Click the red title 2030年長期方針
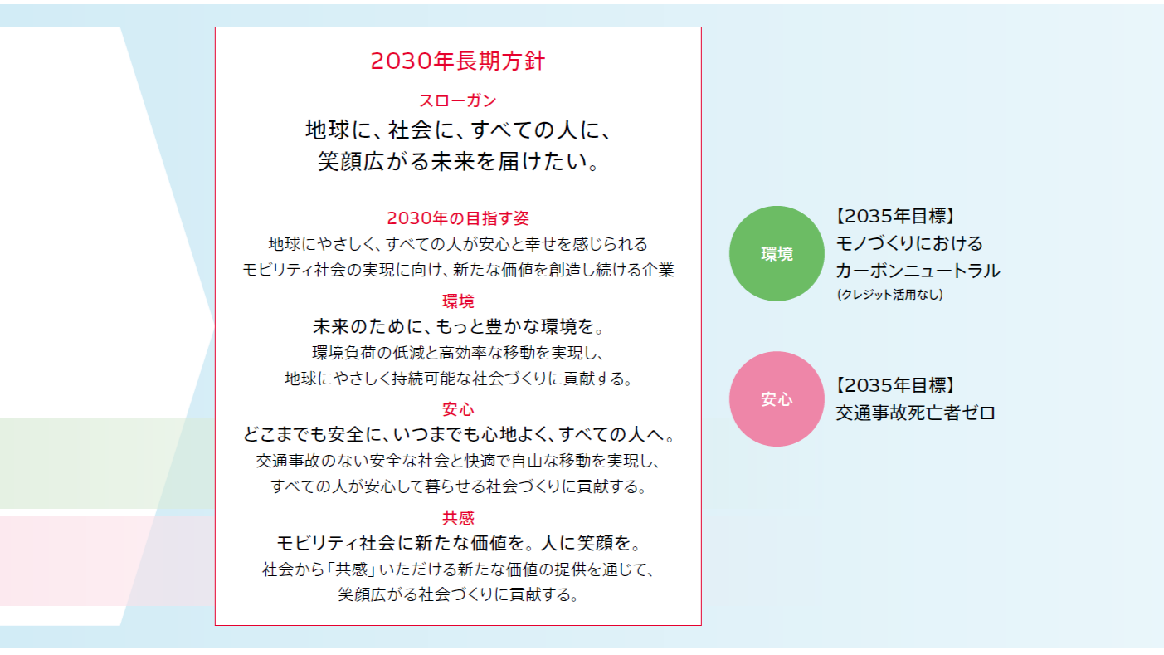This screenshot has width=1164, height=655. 458,61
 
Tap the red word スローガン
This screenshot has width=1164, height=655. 458,100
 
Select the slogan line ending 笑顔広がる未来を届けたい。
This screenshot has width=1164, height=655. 458,160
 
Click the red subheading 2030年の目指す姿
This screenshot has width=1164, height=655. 458,218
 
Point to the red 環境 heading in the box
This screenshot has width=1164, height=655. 458,301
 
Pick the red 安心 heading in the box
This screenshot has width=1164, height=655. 458,409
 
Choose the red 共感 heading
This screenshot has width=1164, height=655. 458,517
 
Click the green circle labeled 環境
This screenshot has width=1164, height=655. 777,253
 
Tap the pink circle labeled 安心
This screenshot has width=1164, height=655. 777,398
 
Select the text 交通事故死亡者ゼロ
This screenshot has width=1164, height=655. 915,413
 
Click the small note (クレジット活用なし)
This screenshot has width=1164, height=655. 889,295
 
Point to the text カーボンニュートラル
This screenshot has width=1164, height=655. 918,271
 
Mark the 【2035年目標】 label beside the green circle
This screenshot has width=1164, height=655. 895,216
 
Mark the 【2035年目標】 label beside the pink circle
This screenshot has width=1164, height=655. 895,385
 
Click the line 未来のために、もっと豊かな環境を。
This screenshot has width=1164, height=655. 458,326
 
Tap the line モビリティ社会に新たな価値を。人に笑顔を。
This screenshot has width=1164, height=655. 458,543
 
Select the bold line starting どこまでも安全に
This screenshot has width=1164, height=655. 458,434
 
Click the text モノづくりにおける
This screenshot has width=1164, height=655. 909,243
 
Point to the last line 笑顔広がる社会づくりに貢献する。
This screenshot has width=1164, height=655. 458,594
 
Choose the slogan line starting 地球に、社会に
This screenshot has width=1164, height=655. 458,130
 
